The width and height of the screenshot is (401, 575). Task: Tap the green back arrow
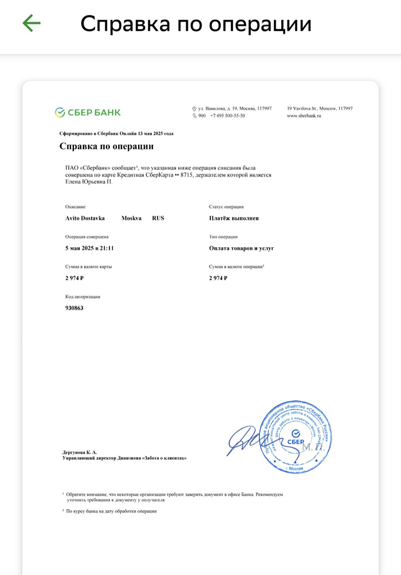32,23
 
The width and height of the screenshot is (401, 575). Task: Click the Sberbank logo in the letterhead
88,112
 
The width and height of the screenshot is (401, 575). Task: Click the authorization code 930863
74,308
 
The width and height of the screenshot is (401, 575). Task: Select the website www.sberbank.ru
304,116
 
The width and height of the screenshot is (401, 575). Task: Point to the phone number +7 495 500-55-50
227,116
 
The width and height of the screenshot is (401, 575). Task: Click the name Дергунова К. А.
80,452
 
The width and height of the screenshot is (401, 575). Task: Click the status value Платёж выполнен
234,218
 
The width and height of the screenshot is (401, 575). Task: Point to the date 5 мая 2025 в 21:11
90,248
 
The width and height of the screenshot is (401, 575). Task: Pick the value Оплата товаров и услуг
242,248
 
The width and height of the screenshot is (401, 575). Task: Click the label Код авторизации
83,297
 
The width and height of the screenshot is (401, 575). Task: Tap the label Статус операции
226,207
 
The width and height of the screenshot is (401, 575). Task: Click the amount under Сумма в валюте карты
75,278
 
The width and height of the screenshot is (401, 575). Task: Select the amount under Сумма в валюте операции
218,278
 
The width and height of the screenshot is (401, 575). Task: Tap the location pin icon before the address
194,108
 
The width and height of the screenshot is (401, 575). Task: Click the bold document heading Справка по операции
107,146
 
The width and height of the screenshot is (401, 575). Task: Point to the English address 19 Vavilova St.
320,108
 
